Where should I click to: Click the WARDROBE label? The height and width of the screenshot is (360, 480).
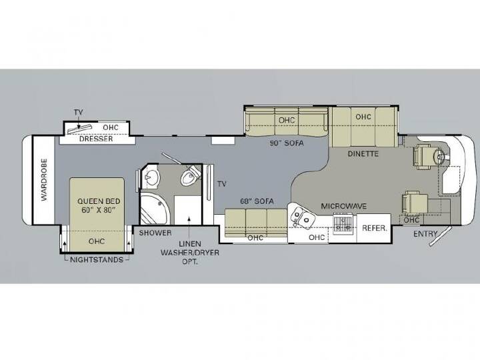[45, 180]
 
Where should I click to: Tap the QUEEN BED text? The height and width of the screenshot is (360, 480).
[99, 201]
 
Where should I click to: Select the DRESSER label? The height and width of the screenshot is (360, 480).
[96, 139]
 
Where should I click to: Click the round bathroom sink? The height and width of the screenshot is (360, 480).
[152, 177]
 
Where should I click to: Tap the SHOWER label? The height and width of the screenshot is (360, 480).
[155, 233]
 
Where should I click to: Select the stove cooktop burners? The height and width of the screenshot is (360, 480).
[343, 223]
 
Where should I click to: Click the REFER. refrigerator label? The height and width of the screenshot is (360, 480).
[375, 228]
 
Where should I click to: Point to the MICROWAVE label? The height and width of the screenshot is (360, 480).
[343, 206]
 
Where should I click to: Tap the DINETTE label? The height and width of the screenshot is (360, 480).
[363, 154]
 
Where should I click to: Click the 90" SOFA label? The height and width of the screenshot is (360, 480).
[287, 143]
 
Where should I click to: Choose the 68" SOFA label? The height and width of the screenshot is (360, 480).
[257, 201]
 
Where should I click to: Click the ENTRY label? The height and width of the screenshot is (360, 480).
[425, 234]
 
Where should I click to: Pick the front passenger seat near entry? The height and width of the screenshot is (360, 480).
[415, 203]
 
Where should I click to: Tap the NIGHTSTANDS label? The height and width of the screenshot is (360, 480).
[97, 260]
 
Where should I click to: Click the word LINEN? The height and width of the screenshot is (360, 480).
[190, 244]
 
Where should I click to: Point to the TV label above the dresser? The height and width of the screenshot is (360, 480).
[79, 113]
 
